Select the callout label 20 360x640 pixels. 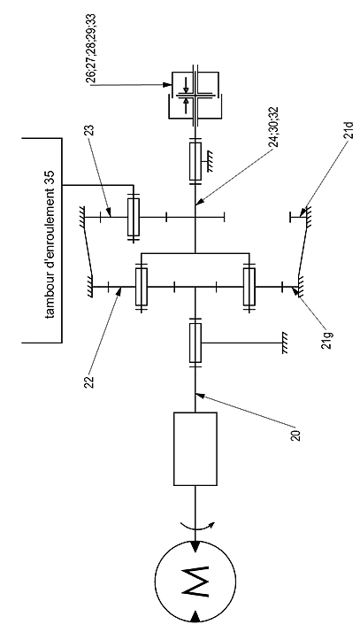297,436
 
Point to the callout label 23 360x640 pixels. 91,130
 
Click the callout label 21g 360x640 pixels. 329,337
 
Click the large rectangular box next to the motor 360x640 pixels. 195,449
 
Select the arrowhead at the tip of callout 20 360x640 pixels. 198,395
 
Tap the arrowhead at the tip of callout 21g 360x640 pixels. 295,289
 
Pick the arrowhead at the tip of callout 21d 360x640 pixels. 303,212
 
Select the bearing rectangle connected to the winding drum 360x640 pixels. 133,218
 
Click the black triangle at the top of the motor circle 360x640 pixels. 195,547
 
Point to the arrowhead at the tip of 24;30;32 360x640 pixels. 198,203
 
